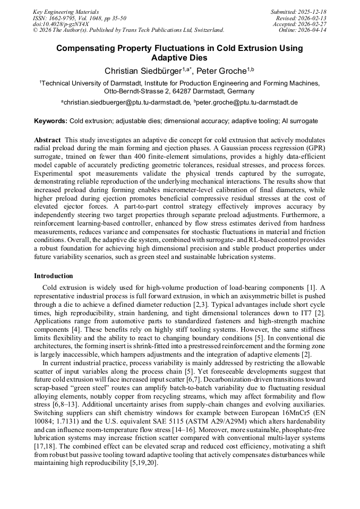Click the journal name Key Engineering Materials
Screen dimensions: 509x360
click(66, 11)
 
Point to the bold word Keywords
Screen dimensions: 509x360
click(50, 121)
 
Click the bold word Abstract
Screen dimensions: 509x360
click(47, 139)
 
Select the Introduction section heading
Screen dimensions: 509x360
click(53, 276)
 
